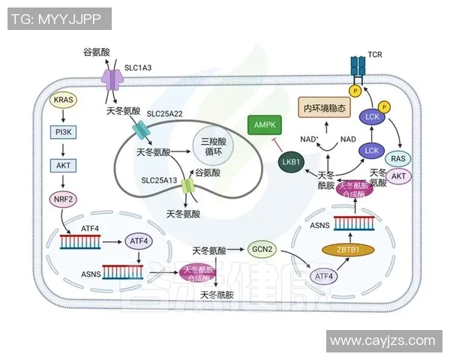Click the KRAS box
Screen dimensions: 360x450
pyautogui.click(x=63, y=100)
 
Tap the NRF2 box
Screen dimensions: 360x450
pyautogui.click(x=63, y=199)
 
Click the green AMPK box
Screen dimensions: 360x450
pyautogui.click(x=265, y=124)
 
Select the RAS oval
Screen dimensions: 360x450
pyautogui.click(x=399, y=158)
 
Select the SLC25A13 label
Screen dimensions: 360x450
pyautogui.click(x=159, y=181)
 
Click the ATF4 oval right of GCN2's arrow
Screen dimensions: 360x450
pyautogui.click(x=324, y=275)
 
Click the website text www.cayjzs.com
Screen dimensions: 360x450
pyautogui.click(x=382, y=340)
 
